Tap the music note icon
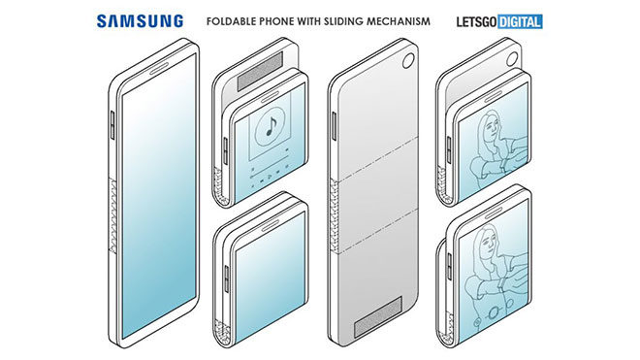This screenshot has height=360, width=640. tap(268, 125)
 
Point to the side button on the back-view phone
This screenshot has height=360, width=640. tap(336, 127)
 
